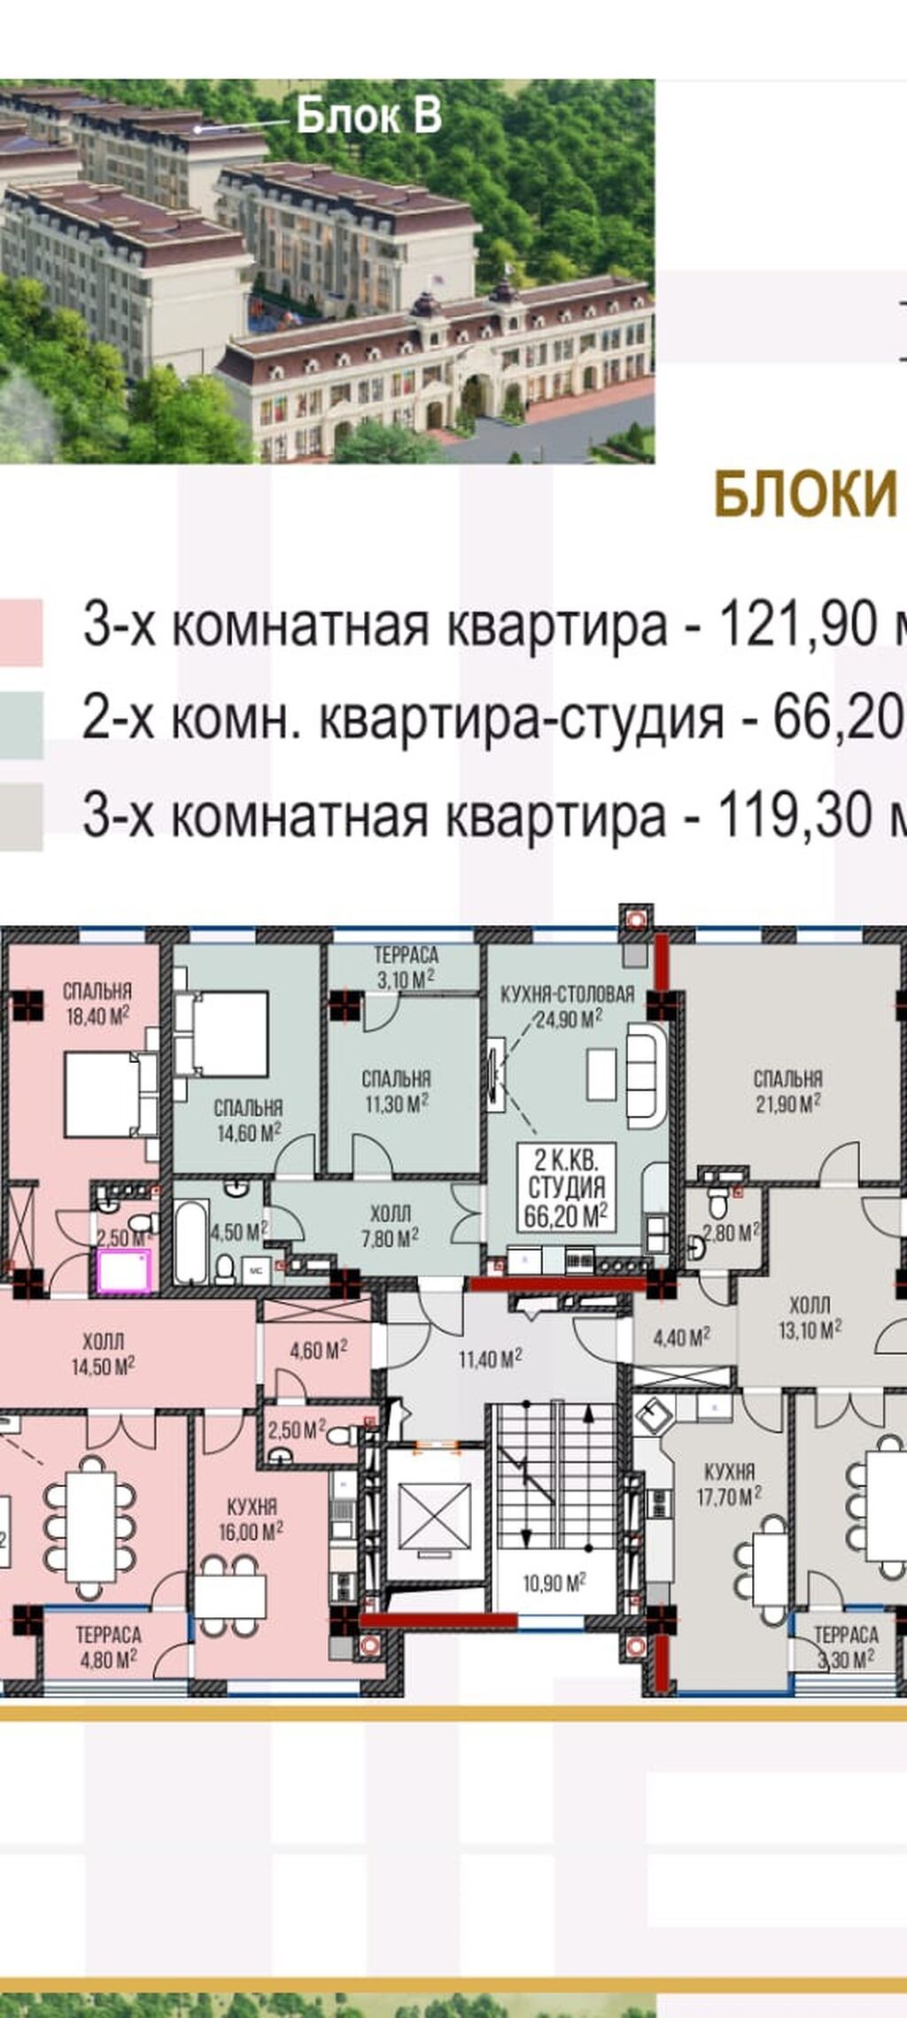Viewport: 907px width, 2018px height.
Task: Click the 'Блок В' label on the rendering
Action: [x=368, y=116]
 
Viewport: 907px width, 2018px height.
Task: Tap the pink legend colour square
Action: [x=20, y=632]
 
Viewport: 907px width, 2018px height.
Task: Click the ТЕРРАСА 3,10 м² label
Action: [x=406, y=966]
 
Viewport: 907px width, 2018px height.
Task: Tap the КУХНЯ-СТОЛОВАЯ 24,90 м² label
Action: [x=567, y=1005]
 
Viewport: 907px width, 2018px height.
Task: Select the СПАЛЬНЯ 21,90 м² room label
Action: [x=787, y=1090]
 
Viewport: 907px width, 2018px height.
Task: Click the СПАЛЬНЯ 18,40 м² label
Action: [x=97, y=1003]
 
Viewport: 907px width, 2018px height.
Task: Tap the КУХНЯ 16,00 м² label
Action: [x=252, y=1519]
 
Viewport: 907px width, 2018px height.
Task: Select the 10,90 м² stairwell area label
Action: [x=553, y=1583]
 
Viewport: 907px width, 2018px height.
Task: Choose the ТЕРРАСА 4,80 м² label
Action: [x=108, y=1646]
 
